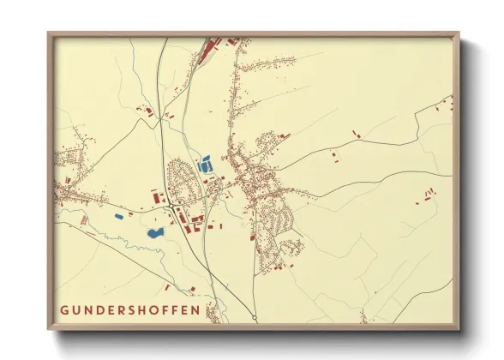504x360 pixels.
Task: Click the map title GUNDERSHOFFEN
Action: pos(131,309)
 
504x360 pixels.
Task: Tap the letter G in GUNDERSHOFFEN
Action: pos(65,309)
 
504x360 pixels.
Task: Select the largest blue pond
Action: pos(155,231)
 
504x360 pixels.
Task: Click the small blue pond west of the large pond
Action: pos(118,216)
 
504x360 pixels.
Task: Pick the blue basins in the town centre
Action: pos(206,165)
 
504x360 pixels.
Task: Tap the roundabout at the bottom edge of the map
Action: pos(255,319)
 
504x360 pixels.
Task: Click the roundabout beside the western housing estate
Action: pos(175,207)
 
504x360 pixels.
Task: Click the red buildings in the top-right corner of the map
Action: pos(443,104)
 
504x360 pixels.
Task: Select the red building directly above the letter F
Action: pos(192,289)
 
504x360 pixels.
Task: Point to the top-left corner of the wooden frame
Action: pos(49,34)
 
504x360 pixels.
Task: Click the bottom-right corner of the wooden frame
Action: pos(459,330)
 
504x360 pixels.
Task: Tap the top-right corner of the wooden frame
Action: pos(459,34)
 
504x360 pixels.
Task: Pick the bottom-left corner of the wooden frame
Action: pos(49,330)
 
